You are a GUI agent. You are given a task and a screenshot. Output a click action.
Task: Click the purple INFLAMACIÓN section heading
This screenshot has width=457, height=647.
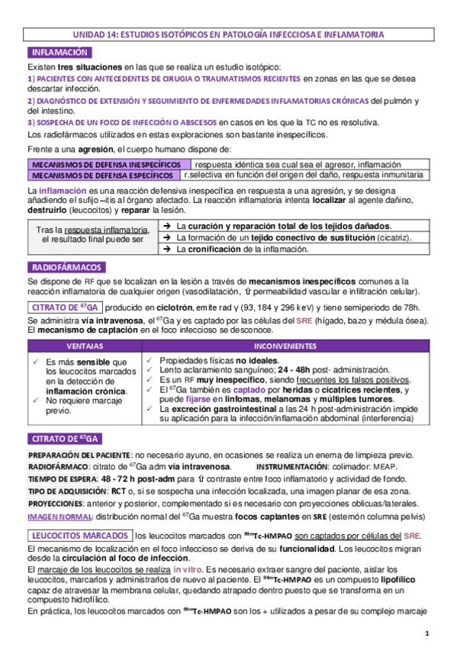60,53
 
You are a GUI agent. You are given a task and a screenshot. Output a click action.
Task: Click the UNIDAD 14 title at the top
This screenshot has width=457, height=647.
229,34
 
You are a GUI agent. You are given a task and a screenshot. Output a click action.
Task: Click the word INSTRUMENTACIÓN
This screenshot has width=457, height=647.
294,466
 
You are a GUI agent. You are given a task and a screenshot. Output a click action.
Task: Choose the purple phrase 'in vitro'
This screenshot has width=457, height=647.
187,570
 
